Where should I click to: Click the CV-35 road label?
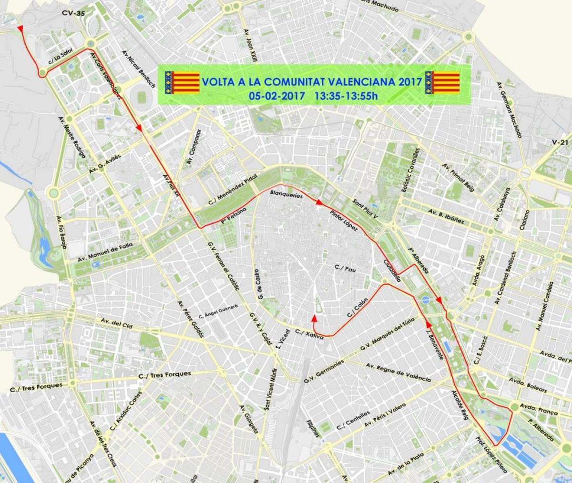pos(73,14)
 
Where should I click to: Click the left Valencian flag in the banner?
pos(182,82)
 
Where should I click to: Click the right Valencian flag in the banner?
pos(442,82)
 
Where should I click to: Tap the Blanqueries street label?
pos(286,195)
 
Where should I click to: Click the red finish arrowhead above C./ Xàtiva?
pos(314,318)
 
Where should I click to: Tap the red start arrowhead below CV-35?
pos(20,30)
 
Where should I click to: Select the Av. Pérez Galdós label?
pos(190,319)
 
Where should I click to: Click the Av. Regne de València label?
pos(398,372)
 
